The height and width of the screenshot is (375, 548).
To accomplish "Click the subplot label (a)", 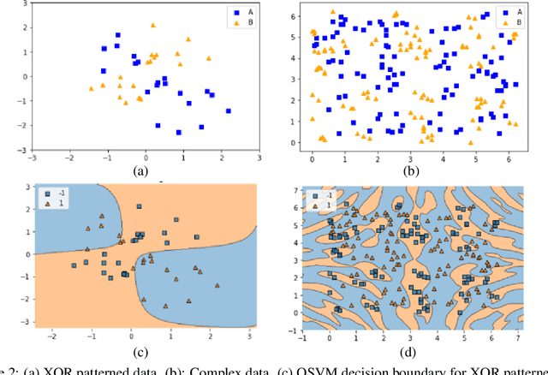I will click(142, 171).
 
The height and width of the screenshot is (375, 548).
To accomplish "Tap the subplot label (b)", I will click(412, 171).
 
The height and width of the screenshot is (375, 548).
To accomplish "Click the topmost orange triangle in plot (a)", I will click(153, 27).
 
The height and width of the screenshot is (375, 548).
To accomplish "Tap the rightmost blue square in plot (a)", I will click(228, 110).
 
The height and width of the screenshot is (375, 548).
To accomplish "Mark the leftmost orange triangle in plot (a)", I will click(92, 87).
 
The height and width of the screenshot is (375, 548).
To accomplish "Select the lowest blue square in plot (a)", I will click(179, 132).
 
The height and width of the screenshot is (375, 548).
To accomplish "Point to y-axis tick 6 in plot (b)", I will click(294, 16).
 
